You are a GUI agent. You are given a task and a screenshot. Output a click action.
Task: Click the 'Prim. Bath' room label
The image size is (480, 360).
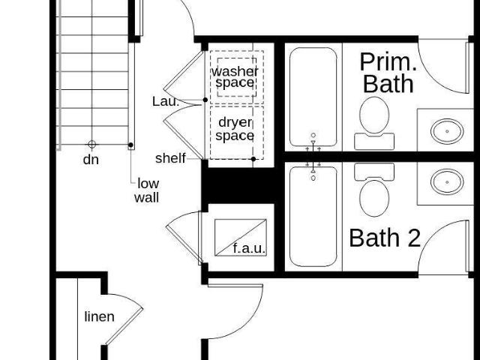pyautogui.click(x=388, y=73)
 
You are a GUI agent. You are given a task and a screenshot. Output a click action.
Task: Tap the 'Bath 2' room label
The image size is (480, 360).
pyautogui.click(x=385, y=238)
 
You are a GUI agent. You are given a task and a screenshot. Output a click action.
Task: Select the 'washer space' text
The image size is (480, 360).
pyautogui.click(x=235, y=77)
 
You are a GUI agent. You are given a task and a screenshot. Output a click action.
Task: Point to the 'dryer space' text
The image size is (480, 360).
pyautogui.click(x=235, y=129)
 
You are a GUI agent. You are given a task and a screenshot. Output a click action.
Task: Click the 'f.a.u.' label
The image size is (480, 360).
pyautogui.click(x=249, y=248)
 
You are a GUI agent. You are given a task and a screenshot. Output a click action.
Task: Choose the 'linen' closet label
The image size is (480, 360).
pyautogui.click(x=100, y=316)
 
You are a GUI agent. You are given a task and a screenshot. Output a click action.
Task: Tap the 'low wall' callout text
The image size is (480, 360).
pyautogui.click(x=147, y=190)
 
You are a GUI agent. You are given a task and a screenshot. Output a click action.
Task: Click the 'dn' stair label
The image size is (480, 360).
pyautogui.click(x=91, y=160)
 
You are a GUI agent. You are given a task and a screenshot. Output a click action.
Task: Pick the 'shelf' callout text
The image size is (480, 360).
pyautogui.click(x=170, y=158)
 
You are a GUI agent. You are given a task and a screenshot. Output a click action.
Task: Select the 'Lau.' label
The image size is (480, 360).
pyautogui.click(x=166, y=101)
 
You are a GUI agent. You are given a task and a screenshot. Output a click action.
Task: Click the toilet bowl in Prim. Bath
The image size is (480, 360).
pyautogui.click(x=374, y=115)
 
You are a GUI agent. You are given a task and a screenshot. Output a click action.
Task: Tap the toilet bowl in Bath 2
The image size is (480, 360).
pyautogui.click(x=374, y=198)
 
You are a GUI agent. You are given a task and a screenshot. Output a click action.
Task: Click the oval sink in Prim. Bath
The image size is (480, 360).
pyautogui.click(x=447, y=131)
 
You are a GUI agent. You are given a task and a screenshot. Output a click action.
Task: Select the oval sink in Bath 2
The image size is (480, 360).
pyautogui.click(x=447, y=182)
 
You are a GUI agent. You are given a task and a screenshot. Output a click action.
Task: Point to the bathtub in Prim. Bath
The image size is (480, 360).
pyautogui.click(x=313, y=97)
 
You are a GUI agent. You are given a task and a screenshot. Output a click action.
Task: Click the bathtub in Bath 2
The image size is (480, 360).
pyautogui.click(x=313, y=217)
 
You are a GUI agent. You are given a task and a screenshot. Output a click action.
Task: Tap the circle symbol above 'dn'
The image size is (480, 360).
pyautogui.click(x=91, y=144)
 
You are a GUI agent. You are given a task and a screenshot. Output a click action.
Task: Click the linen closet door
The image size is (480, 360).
pyautogui.click(x=124, y=325)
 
